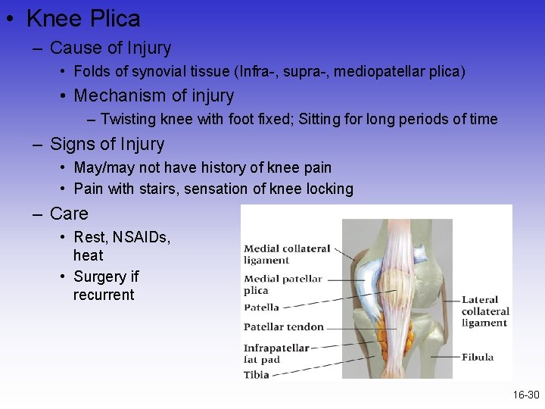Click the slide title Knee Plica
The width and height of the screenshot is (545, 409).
tap(83, 18)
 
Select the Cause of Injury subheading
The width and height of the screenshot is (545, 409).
tap(110, 48)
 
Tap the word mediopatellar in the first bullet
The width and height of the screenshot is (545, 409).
tap(376, 72)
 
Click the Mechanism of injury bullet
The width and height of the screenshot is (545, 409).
tap(154, 95)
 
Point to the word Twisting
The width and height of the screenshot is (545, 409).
tap(127, 119)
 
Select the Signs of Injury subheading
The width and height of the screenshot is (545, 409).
tap(106, 144)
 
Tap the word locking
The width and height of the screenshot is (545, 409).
tap(329, 189)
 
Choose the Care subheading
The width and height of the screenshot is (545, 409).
tap(69, 214)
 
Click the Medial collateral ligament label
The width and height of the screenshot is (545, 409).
tap(287, 254)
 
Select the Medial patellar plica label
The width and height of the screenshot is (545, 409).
tap(282, 284)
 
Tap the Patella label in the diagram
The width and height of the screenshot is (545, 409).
tap(261, 308)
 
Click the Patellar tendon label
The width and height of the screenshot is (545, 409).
tap(283, 327)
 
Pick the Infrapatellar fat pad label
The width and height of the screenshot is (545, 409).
tap(276, 354)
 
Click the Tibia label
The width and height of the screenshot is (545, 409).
tap(256, 374)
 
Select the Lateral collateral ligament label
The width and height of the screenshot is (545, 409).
tap(485, 311)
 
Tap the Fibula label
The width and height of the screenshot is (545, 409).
tap(478, 357)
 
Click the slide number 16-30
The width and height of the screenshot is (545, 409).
tap(525, 395)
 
